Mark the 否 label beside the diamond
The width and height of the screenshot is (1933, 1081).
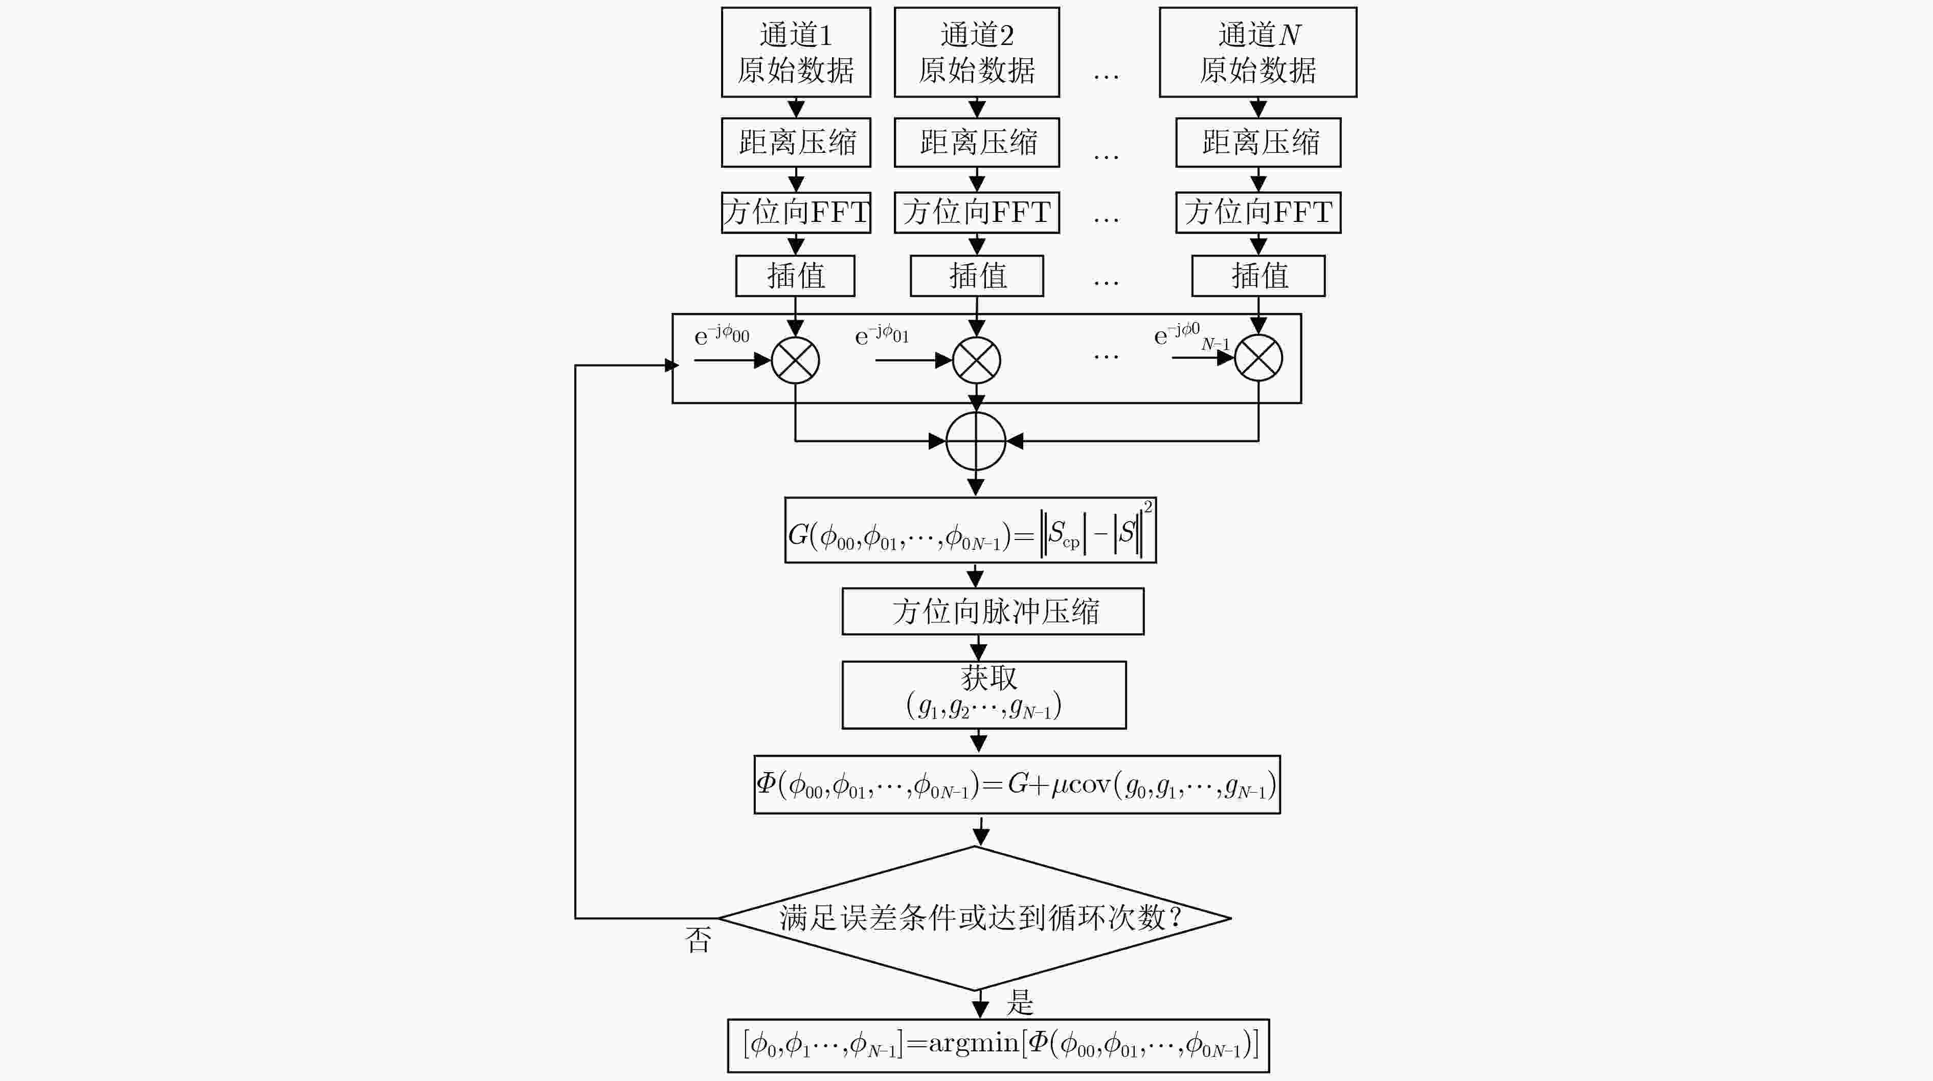click(x=698, y=939)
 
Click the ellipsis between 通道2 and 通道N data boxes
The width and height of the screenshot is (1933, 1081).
click(x=1106, y=76)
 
